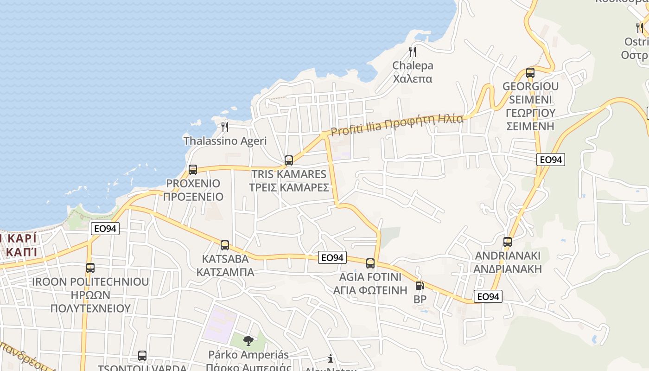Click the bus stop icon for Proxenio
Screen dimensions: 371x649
coord(193,170)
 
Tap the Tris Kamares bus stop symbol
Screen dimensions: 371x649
coord(289,160)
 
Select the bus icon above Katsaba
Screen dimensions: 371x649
coord(225,245)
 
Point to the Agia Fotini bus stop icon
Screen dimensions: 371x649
coord(370,263)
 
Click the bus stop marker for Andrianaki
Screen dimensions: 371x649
coord(508,242)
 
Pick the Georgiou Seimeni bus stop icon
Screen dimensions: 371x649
coord(530,73)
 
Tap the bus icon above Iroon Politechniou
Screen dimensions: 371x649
coord(90,268)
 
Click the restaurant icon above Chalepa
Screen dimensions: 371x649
coord(413,51)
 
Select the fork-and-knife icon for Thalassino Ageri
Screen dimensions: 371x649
coord(225,127)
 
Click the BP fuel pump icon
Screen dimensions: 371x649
coord(420,286)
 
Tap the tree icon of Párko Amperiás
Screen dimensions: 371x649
coord(248,341)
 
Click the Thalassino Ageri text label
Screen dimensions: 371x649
coord(225,141)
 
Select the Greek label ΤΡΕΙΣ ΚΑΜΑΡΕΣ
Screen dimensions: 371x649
coord(289,187)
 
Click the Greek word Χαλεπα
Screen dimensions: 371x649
coord(413,79)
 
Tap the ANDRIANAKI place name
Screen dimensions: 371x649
coord(508,256)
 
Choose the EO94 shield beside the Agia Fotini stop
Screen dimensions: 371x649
coord(332,257)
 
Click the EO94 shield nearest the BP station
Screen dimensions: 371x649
coord(488,296)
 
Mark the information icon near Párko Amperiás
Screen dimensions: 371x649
coord(331,358)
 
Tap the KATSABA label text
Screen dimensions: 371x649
coord(225,258)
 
